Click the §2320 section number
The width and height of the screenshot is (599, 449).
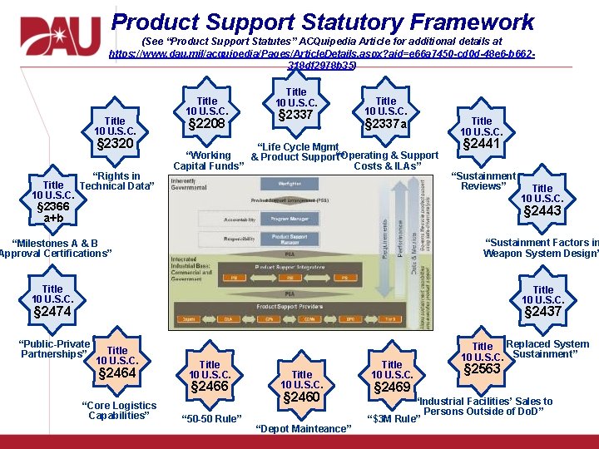(116, 144)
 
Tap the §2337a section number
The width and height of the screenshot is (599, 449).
(386, 125)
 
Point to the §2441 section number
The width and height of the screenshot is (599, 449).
(482, 144)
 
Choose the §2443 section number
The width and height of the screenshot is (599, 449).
(542, 211)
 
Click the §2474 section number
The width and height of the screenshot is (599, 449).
(52, 312)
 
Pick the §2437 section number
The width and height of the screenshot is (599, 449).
(542, 312)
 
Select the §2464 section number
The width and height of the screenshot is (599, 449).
(117, 373)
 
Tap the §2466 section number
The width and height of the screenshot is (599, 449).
(210, 387)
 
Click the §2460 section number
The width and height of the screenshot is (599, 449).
(302, 397)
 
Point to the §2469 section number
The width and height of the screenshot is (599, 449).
(392, 387)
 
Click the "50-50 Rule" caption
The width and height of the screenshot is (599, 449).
(211, 417)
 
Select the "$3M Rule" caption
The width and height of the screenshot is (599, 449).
(394, 418)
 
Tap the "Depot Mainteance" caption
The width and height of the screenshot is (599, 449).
(303, 429)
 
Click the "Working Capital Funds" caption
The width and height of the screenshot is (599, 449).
(209, 161)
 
